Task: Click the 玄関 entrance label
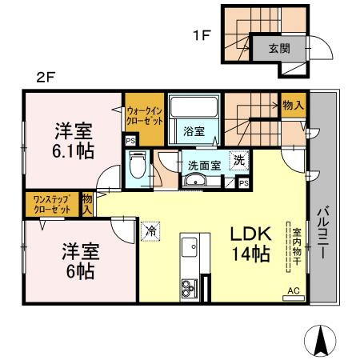[x=274, y=48]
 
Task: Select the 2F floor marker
[x=46, y=78]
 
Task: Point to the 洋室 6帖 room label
[x=79, y=260]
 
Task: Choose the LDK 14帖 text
[x=252, y=244]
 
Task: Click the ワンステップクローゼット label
[x=51, y=203]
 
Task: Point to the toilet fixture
[x=138, y=165]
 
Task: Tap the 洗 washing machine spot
[x=239, y=161]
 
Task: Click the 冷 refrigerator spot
[x=150, y=231]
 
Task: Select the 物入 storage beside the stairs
[x=292, y=105]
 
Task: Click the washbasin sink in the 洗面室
[x=194, y=181]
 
